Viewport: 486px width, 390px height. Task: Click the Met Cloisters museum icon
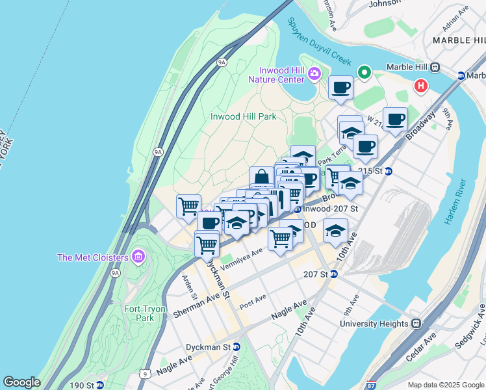137,257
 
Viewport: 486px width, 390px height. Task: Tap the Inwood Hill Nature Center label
276,75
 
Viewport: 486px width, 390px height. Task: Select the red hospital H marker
421,85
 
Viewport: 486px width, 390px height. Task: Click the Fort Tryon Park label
138,313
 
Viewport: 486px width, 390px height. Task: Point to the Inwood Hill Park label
244,116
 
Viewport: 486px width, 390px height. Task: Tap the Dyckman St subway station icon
237,347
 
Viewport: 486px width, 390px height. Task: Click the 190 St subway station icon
99,385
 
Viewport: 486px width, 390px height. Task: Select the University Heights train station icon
416,323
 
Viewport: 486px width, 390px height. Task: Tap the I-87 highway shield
371,385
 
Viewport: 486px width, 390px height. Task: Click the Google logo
21,382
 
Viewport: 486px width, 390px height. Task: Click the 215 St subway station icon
389,171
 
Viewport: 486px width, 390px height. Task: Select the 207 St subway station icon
334,274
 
